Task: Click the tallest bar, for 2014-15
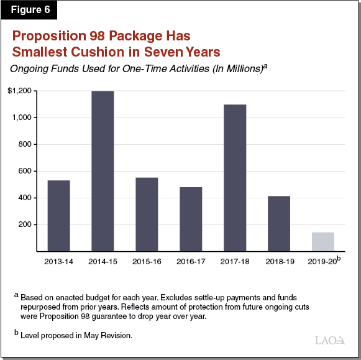tap(103, 171)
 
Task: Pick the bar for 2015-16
tap(147, 215)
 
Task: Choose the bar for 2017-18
tap(235, 178)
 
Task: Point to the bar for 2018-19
tap(279, 223)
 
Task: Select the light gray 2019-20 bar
tap(323, 242)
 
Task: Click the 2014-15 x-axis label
tap(103, 262)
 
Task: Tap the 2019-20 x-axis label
tap(322, 262)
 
